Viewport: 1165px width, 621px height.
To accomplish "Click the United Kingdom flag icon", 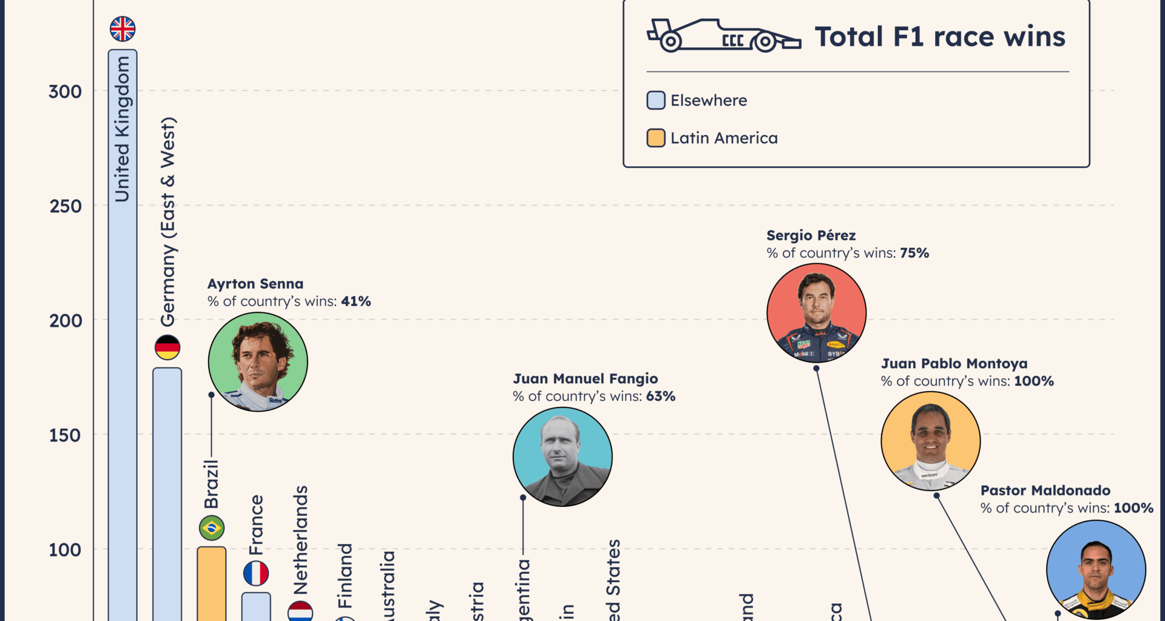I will point(123,29).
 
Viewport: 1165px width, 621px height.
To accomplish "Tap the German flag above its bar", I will point(167,347).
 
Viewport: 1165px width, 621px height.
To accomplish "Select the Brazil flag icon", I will point(212,528).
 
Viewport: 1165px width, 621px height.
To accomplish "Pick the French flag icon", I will point(256,573).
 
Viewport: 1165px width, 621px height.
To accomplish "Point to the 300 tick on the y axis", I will point(65,92).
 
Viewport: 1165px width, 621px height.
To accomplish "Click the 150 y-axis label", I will point(65,435).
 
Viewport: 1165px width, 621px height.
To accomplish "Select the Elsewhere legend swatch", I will point(656,101).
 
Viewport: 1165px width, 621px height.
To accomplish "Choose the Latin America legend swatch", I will point(656,138).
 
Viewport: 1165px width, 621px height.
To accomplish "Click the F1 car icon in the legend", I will point(723,36).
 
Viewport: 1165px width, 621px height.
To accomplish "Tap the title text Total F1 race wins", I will point(939,36).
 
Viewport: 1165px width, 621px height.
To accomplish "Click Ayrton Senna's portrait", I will point(258,362).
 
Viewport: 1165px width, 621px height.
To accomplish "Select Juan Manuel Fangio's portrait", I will point(562,457).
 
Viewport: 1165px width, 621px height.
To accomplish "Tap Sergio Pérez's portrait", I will point(817,313).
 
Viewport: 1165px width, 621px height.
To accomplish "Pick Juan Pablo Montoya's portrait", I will point(931,441).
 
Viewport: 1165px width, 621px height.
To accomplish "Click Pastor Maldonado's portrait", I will point(1096,569).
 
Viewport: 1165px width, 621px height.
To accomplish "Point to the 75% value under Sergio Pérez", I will point(914,253).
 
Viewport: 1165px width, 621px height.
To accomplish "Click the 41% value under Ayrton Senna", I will point(356,301).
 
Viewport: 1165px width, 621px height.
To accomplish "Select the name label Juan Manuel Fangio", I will point(586,379).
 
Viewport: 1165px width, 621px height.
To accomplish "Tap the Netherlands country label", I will point(300,540).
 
